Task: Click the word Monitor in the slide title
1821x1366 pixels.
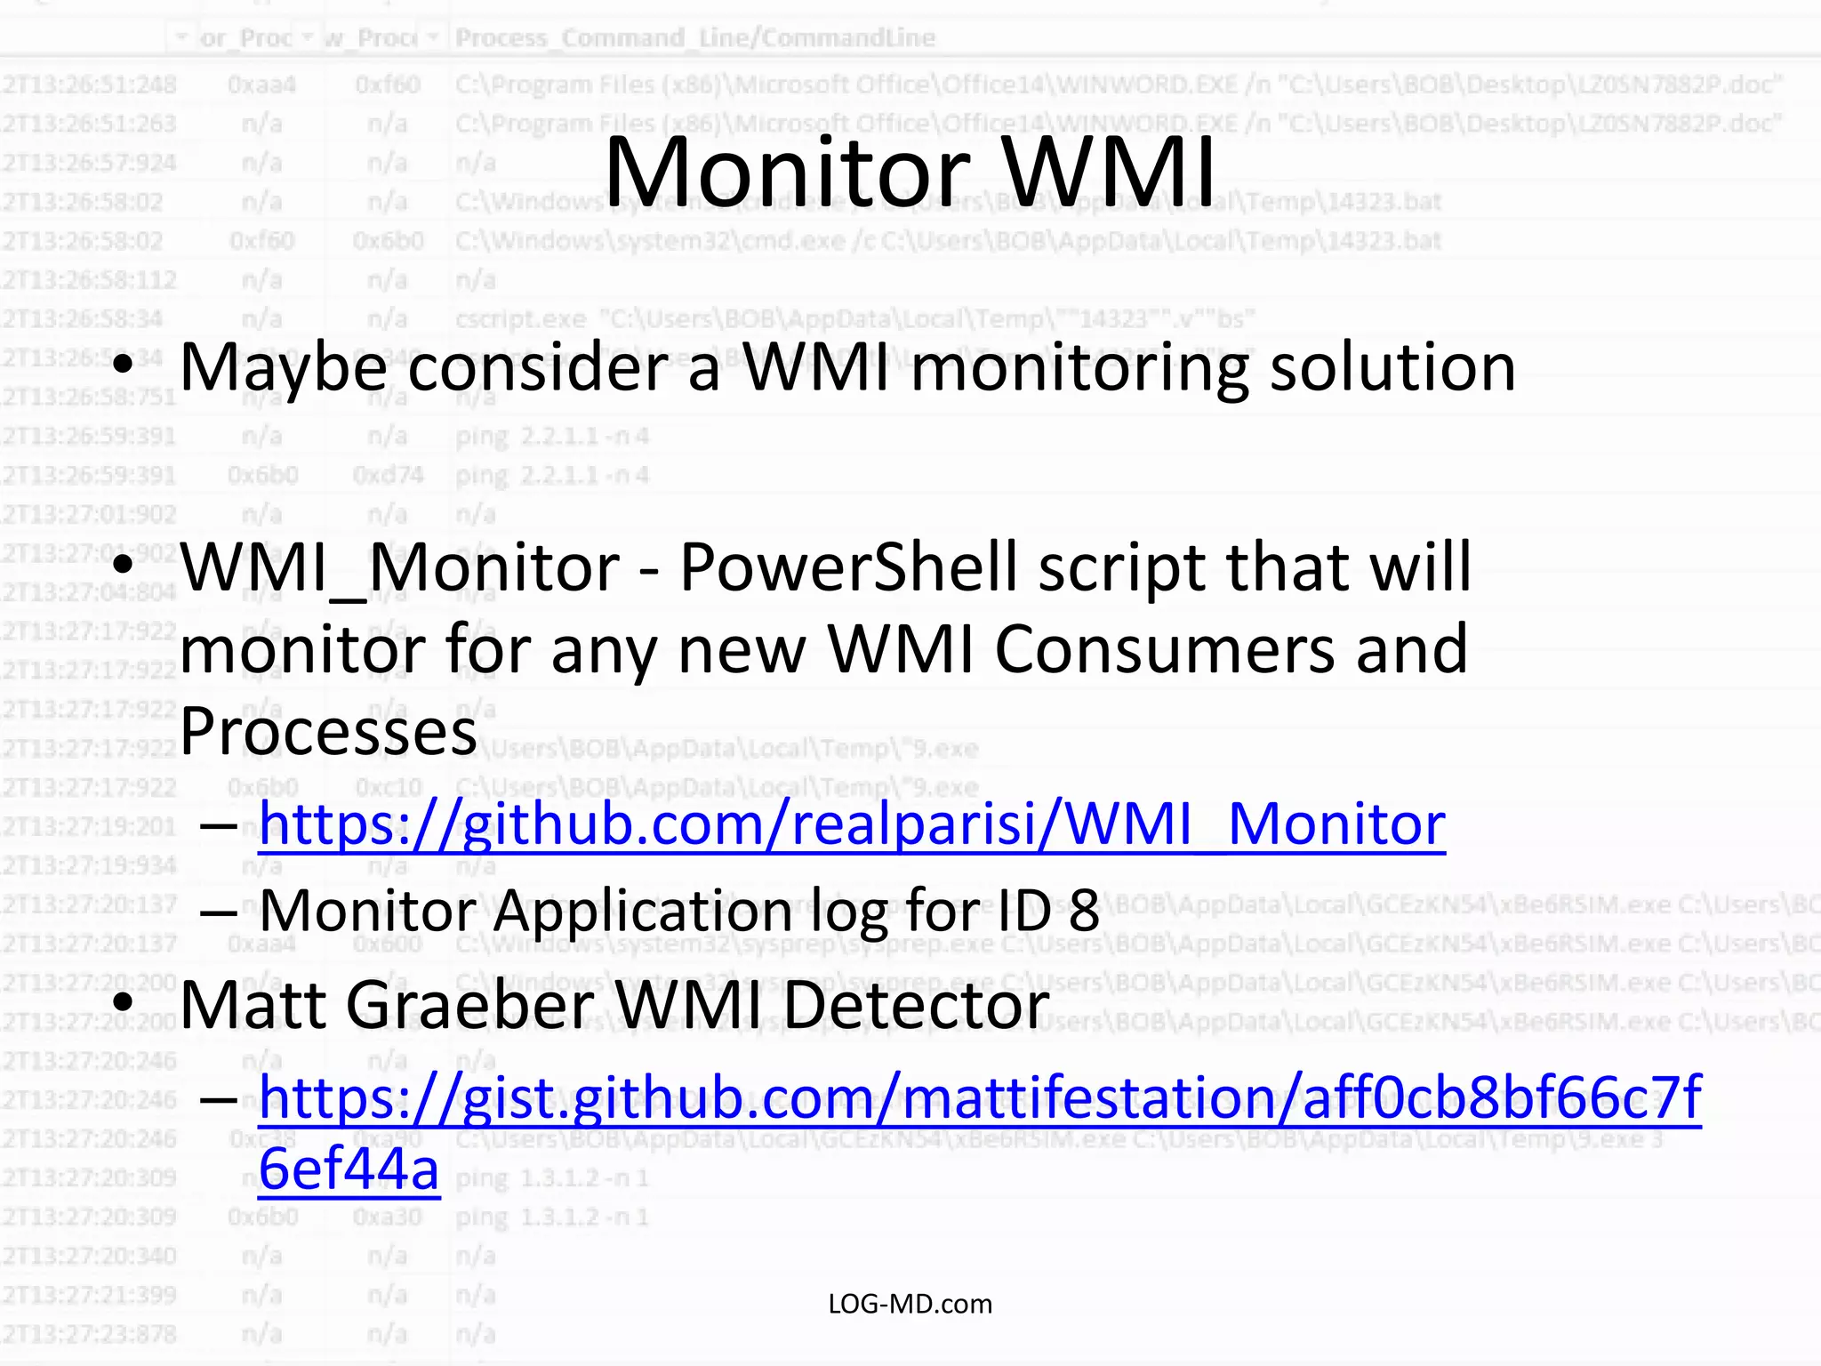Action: click(x=788, y=171)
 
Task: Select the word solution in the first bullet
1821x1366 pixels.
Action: click(x=1392, y=367)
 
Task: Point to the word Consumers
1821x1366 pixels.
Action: click(x=1164, y=649)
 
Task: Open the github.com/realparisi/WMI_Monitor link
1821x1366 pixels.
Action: click(x=851, y=824)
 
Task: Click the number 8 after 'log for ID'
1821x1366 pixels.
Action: click(x=1084, y=910)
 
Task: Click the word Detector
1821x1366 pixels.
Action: click(x=916, y=1005)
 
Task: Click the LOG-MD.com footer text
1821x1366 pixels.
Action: click(x=910, y=1304)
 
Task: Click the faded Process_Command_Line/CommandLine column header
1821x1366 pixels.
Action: click(x=694, y=37)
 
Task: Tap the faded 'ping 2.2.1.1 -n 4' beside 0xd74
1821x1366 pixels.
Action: click(x=551, y=475)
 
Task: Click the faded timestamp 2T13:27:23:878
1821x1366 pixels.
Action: click(x=89, y=1333)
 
